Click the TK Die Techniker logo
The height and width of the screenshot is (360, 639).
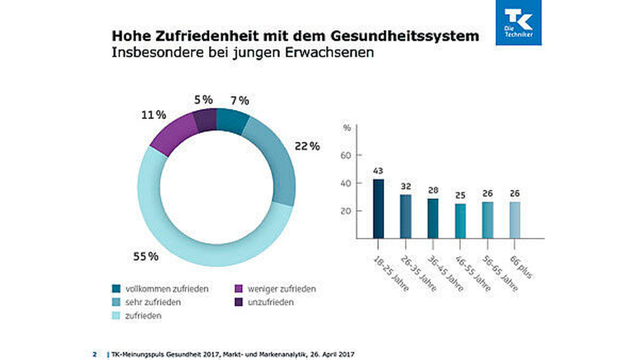518,22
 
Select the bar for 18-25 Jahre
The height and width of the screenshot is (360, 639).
378,208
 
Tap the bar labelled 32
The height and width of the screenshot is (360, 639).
406,217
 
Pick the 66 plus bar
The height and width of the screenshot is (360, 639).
514,220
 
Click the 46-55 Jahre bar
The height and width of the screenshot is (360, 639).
460,221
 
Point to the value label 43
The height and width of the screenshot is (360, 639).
378,171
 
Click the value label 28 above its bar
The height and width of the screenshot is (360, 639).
433,191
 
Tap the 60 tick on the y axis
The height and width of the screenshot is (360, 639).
346,155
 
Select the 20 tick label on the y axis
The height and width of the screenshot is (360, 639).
346,211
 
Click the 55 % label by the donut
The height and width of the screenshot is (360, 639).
146,256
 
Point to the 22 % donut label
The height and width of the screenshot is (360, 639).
307,146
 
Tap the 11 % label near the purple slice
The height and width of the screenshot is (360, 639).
153,115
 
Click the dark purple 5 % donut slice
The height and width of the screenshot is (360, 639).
205,120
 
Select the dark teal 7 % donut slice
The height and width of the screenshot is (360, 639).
231,121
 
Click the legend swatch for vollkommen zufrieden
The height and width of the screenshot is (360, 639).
116,288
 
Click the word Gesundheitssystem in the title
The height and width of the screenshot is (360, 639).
404,36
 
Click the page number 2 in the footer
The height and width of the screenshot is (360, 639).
95,354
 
